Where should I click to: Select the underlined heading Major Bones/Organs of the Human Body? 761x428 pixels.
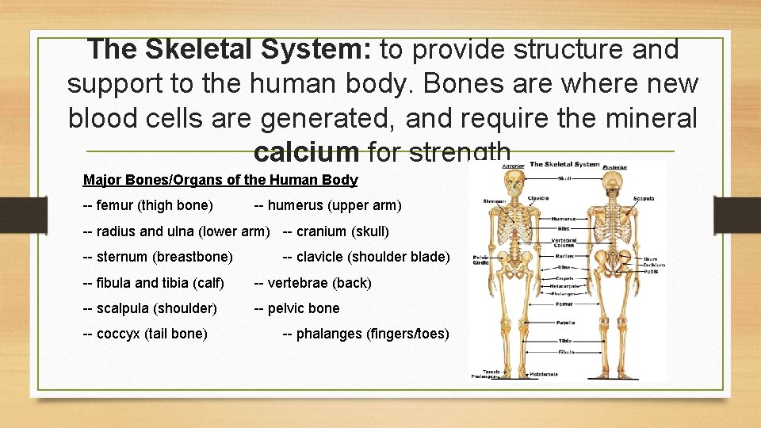click(220, 180)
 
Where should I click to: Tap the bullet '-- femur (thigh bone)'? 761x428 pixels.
click(148, 206)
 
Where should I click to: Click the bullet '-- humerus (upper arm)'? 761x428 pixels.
click(327, 206)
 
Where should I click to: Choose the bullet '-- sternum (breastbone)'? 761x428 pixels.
click(158, 257)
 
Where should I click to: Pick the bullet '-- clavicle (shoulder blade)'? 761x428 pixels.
click(366, 257)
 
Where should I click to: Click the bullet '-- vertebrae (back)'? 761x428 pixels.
click(312, 283)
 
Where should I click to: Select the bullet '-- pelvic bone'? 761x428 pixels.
click(296, 308)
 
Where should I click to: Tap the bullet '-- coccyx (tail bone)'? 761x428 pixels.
click(145, 334)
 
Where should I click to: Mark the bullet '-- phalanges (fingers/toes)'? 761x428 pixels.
click(366, 334)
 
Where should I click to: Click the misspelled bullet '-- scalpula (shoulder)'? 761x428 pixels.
click(150, 308)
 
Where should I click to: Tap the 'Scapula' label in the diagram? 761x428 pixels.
click(644, 198)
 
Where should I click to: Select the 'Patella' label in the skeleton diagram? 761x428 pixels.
click(564, 323)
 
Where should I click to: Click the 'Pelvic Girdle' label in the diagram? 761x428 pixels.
click(480, 261)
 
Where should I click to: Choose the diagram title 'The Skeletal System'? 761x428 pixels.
click(564, 164)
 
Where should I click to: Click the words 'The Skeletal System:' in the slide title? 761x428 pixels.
click(231, 49)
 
